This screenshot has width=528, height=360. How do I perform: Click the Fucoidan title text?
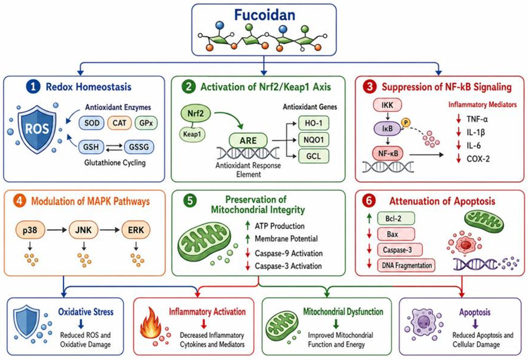[265, 15]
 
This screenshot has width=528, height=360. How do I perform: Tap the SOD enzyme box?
[91, 123]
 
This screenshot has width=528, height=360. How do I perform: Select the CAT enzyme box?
[119, 123]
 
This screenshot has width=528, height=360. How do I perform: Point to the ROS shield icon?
[37, 128]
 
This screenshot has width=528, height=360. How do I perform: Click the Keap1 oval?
[192, 134]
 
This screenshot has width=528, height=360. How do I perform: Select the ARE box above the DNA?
[248, 141]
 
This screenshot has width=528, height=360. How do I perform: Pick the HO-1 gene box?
[314, 123]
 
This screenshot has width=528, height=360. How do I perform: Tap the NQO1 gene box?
[314, 139]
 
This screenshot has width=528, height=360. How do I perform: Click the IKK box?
[387, 105]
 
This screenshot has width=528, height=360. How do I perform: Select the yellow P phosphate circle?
[406, 123]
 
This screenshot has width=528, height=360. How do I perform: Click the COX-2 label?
[478, 159]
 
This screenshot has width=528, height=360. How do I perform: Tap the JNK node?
[83, 230]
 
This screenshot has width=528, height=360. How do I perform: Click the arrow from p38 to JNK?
[57, 230]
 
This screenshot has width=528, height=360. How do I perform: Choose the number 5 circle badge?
[190, 201]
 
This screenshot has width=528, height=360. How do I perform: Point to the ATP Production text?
[280, 226]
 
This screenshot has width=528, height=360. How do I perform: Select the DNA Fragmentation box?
[406, 265]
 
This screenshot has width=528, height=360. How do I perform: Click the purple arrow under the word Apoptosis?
[475, 324]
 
